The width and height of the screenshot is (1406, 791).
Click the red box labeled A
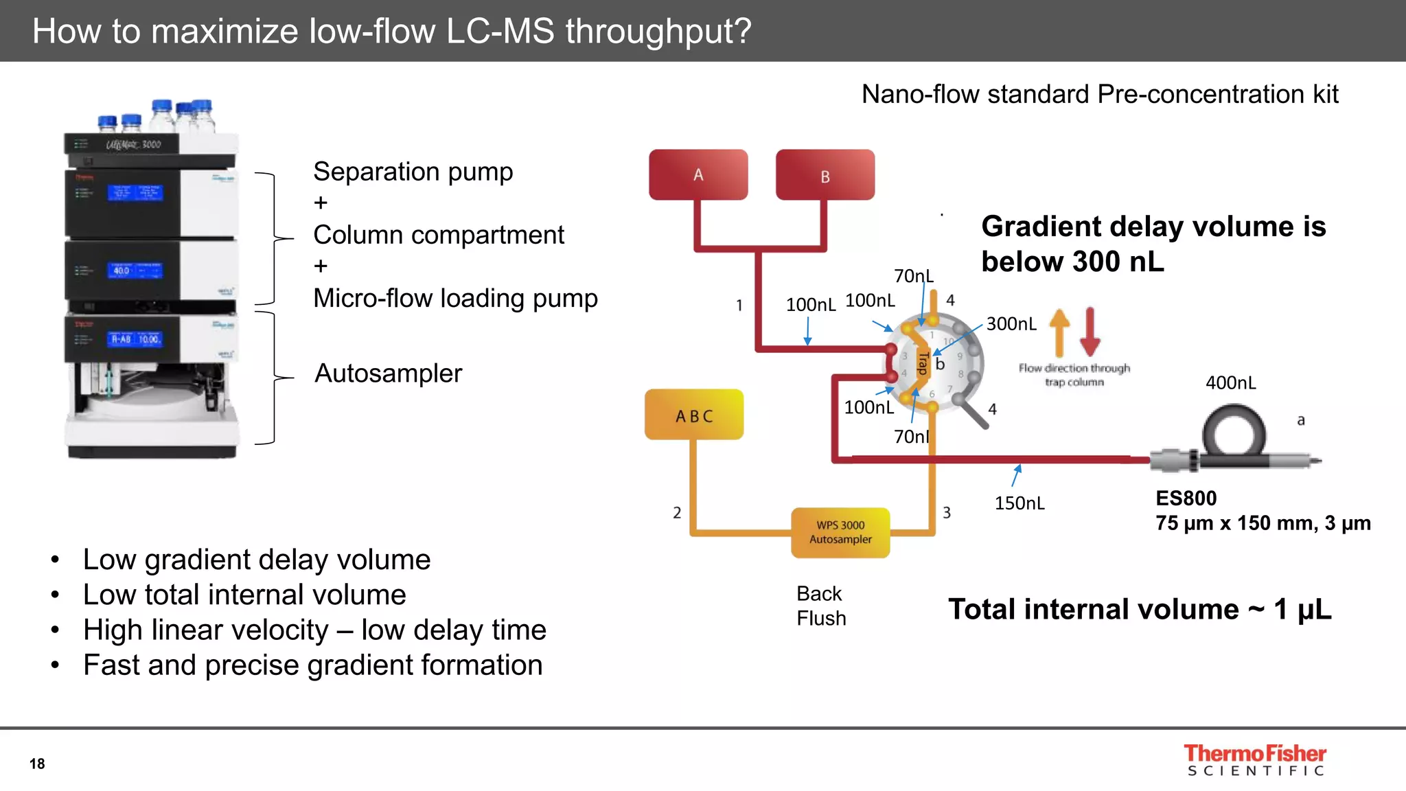point(698,174)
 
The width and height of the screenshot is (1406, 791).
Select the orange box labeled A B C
point(694,415)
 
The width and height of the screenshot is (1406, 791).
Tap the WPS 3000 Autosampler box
point(840,532)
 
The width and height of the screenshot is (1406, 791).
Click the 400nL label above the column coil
point(1230,382)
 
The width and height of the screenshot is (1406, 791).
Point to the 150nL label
point(1019,503)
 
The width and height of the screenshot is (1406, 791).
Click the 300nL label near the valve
point(1011,323)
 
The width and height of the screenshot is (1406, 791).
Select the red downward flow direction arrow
point(1090,332)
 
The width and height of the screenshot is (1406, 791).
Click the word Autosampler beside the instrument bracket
point(388,374)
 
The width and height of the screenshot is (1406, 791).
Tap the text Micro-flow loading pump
point(455,298)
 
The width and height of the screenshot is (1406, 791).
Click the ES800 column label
point(1186,498)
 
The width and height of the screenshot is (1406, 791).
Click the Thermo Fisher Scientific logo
point(1255,760)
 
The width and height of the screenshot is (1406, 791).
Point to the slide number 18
point(37,764)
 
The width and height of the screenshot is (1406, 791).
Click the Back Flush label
point(820,606)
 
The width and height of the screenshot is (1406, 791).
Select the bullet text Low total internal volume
point(244,595)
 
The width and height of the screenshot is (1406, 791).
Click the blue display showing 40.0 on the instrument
point(135,270)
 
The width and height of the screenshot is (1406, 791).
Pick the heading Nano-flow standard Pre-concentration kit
point(1099,94)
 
